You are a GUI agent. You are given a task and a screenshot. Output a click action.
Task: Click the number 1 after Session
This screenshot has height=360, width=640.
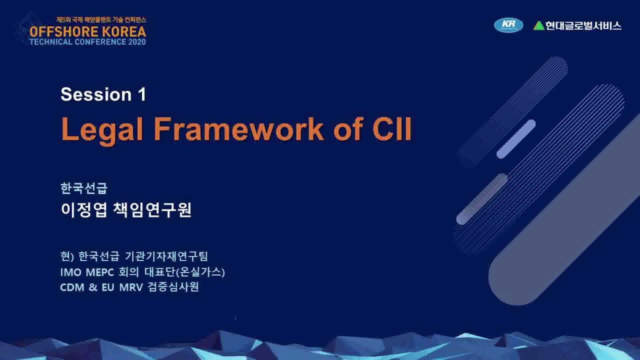(x=141, y=94)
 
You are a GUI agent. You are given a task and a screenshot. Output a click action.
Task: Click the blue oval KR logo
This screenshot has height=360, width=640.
(x=508, y=25)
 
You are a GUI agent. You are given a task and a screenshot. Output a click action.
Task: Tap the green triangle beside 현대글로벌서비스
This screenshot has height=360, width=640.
(x=538, y=25)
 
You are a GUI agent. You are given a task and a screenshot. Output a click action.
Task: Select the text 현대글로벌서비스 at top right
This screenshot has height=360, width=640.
(x=583, y=25)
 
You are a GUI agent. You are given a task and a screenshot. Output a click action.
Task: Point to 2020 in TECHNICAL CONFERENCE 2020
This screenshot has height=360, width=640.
(x=137, y=42)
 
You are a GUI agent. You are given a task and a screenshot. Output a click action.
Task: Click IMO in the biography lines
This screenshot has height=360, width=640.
(x=67, y=272)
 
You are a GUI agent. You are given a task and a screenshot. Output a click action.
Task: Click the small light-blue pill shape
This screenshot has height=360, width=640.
(x=515, y=139)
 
